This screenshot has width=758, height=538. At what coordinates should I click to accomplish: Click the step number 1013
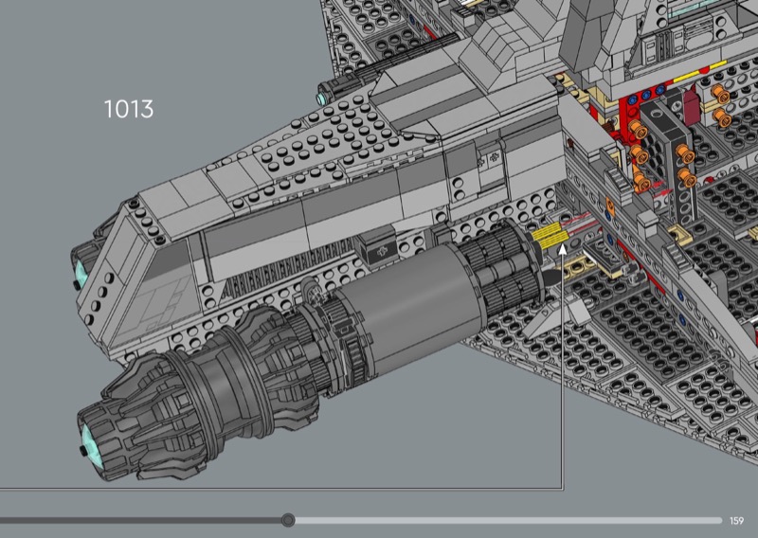coord(129,109)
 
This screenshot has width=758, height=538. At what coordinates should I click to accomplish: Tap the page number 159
coord(736,521)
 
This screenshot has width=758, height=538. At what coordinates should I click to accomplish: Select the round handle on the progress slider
coord(288,520)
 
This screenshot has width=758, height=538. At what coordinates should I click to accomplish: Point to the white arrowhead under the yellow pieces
coord(562,249)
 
